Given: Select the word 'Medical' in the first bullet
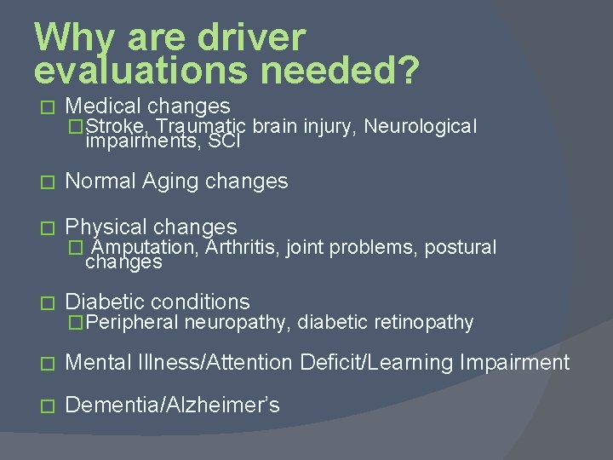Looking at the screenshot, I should coord(103,106).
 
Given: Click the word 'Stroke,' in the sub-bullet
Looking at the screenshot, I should coord(119,127).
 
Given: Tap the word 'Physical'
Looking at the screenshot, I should coord(106,227).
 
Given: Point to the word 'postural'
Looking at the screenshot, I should coord(460,248).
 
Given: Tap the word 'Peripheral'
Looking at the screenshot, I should coord(132,322).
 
